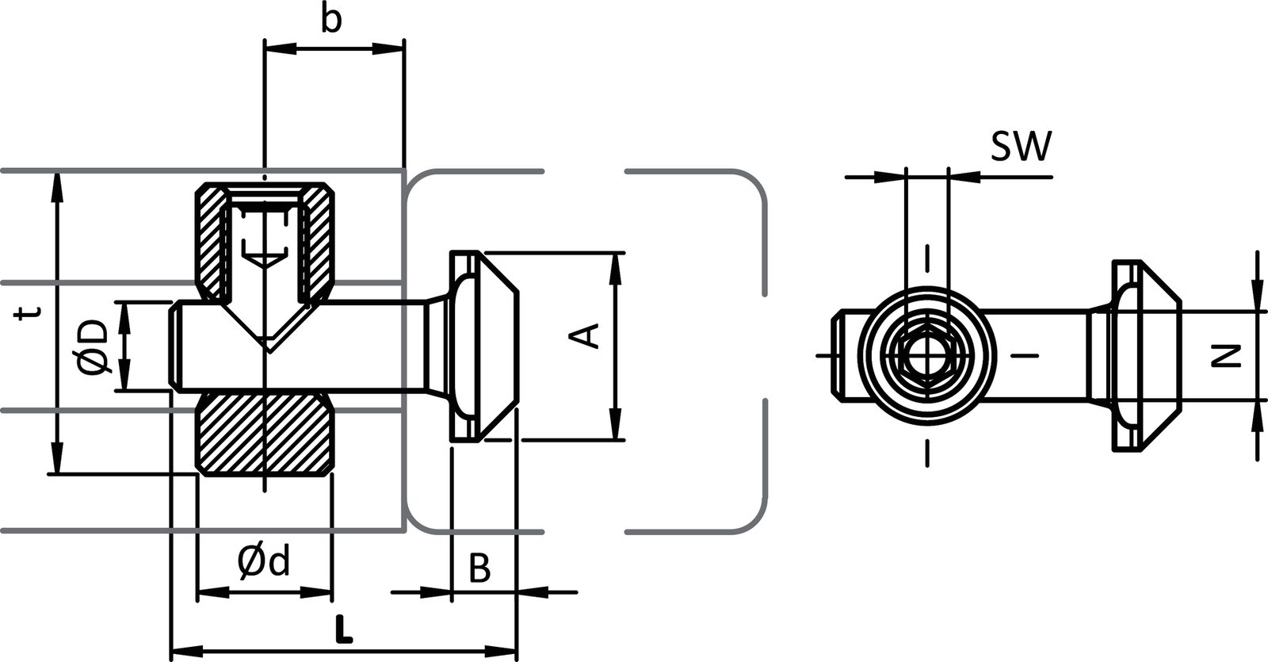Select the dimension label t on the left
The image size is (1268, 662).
(29, 315)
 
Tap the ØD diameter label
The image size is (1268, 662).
(94, 346)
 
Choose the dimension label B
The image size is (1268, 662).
(479, 568)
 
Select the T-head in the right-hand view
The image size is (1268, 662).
(1141, 354)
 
